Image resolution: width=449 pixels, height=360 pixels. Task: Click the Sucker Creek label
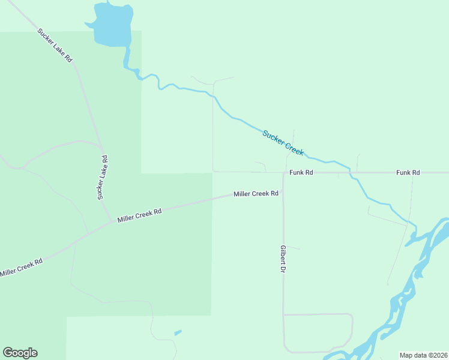283,142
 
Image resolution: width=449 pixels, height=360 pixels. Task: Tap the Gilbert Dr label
282,259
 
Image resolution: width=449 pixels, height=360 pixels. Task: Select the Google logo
20,353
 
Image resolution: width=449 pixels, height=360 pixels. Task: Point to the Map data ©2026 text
423,355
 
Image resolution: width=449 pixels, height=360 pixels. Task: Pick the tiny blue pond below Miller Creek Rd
178,332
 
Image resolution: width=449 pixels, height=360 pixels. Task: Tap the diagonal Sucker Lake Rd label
55,46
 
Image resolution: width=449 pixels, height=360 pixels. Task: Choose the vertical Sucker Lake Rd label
103,177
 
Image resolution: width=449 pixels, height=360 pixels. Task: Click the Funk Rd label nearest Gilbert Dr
301,172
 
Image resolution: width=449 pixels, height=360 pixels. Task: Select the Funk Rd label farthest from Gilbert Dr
408,172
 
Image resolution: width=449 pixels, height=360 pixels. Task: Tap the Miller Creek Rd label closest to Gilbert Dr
256,194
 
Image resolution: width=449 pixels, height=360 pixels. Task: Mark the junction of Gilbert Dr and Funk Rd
283,173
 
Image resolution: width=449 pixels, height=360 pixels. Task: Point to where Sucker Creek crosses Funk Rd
352,173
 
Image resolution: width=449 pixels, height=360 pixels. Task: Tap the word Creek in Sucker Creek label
294,149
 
